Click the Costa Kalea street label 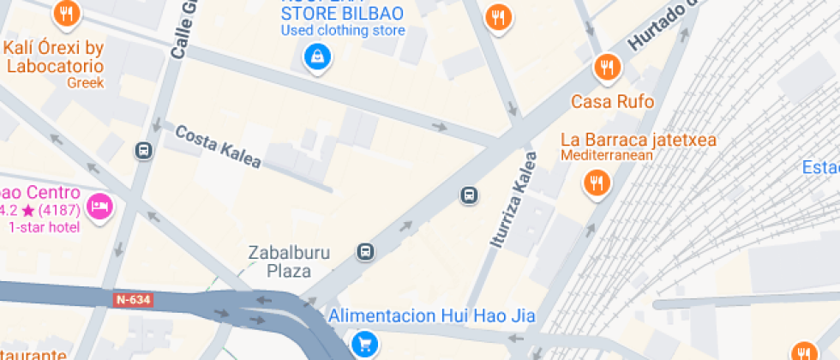point(218,146)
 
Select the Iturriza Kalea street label point(513,201)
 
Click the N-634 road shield point(133,300)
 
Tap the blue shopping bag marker point(317,57)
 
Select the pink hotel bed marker point(100,206)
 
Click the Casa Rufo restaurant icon point(607,67)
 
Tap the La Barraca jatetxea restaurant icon point(596,182)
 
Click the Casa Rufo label point(612,102)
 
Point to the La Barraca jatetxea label point(638,140)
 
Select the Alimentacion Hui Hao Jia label point(432,316)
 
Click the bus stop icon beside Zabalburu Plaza point(366,252)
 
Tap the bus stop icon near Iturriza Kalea point(469,195)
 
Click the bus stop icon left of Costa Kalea point(143,151)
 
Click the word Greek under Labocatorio point(86,83)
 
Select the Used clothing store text point(343,31)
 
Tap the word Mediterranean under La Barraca point(607,155)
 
